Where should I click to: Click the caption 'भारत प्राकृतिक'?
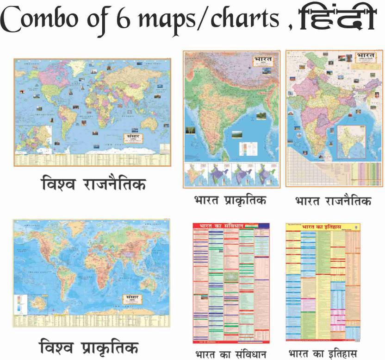[232, 201]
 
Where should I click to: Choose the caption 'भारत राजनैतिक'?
[333, 201]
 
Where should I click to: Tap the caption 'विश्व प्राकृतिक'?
[88, 347]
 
